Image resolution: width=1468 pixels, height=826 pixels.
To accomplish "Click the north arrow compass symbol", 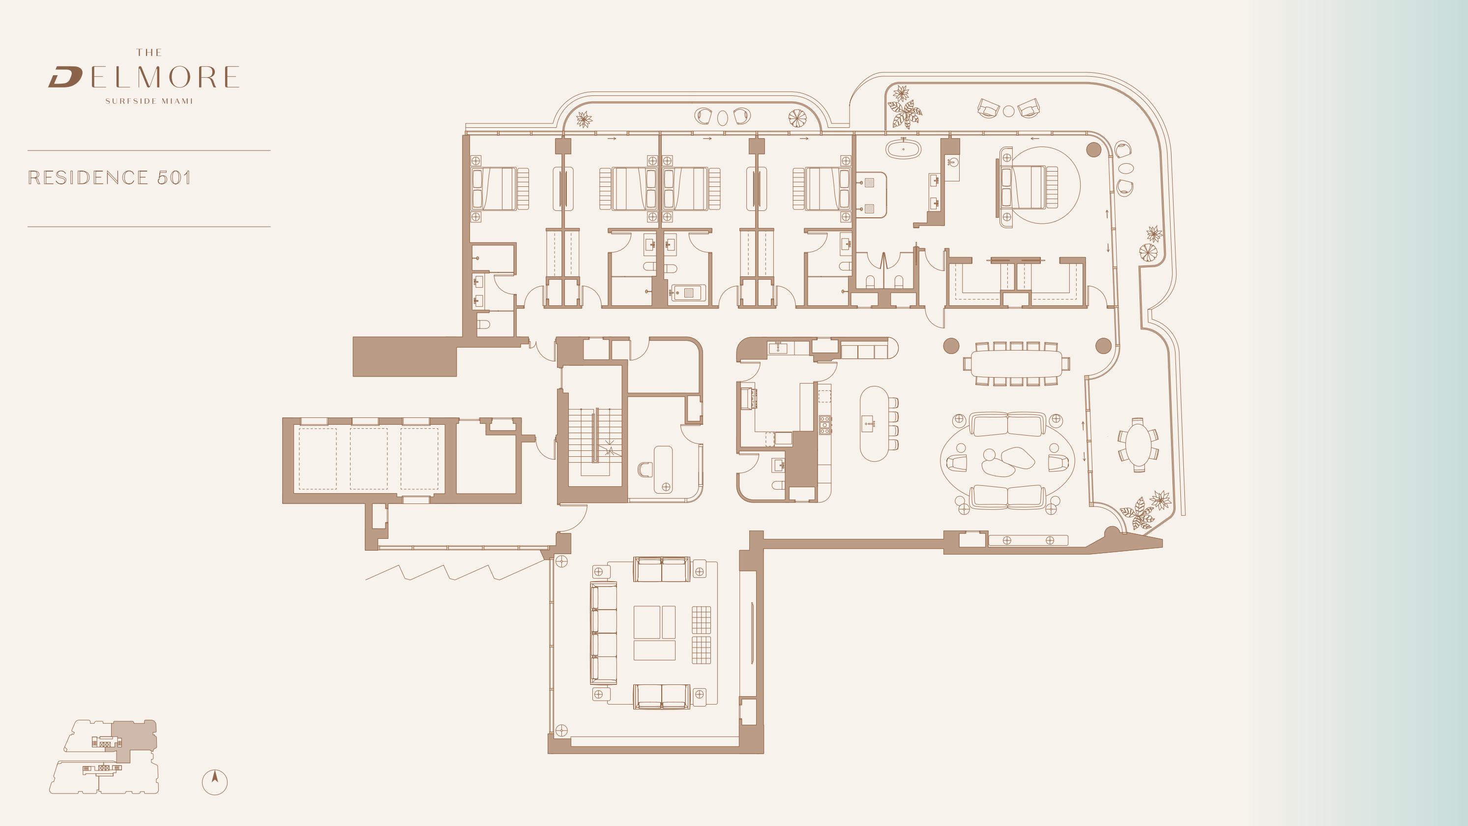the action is tap(215, 782).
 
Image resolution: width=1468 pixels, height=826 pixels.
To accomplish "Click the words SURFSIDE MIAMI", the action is tap(149, 101).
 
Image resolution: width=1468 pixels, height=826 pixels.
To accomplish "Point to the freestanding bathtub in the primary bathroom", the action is tap(903, 149).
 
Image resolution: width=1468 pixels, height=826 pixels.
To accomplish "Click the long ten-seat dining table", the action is tap(1017, 363).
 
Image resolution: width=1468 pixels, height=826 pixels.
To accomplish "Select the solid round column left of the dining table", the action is tap(951, 346).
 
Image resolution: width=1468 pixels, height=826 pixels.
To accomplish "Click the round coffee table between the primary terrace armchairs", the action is tap(1009, 111).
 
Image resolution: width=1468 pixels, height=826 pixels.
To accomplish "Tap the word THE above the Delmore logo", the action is tap(149, 53).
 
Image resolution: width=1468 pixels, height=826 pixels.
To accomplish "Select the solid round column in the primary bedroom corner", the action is tap(1093, 150).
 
